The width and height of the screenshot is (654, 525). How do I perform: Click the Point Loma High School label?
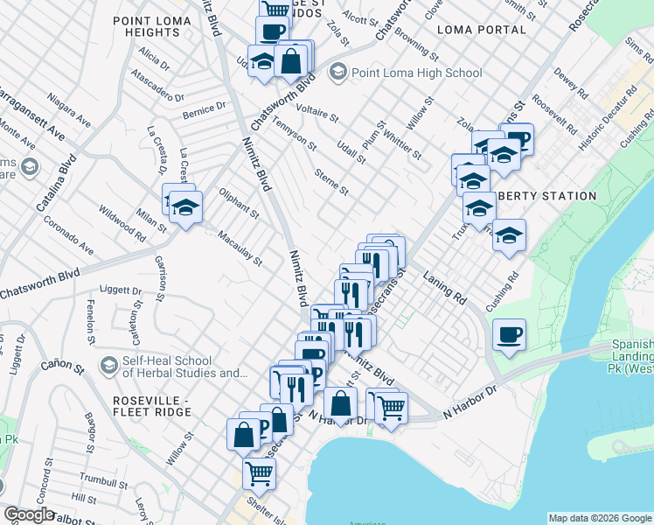pos(416,73)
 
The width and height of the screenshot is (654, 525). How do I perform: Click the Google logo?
pos(29,514)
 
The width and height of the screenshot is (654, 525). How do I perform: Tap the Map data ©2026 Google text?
pos(600,518)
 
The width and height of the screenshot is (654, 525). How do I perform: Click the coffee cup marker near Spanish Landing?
pos(509,334)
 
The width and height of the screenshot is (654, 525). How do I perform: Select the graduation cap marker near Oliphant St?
pos(185,207)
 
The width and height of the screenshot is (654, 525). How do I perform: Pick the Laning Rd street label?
pos(443,286)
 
